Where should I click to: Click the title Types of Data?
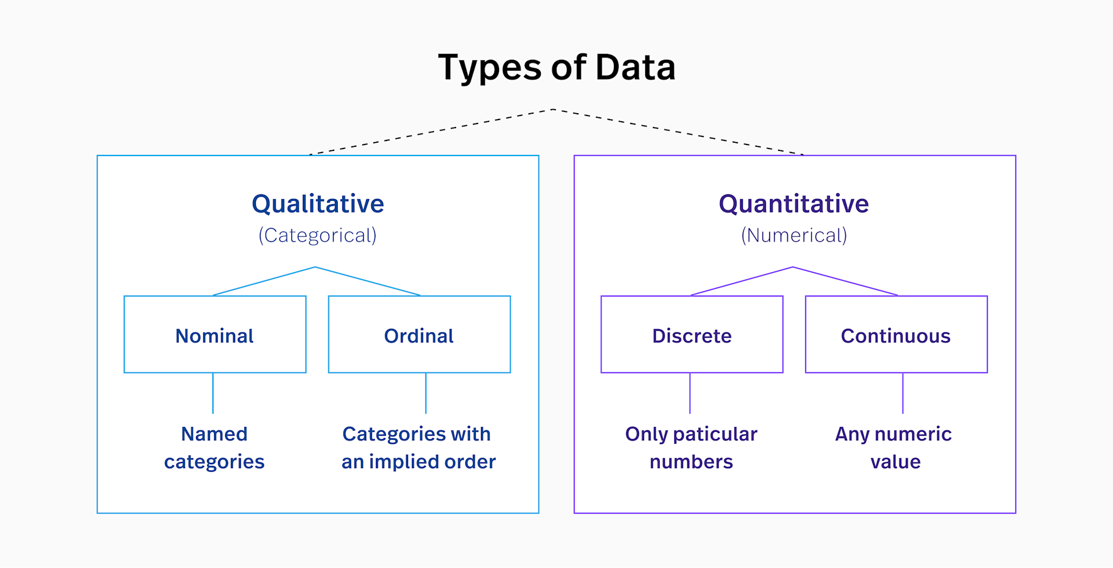(x=556, y=67)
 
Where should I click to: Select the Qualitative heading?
(x=318, y=204)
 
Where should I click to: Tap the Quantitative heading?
(x=794, y=204)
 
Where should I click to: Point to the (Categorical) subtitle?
(x=317, y=236)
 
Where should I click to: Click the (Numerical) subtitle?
(x=794, y=236)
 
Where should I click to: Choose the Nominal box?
(x=215, y=335)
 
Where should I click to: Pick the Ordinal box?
(x=419, y=335)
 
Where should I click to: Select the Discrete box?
(x=692, y=335)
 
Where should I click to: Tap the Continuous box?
(x=896, y=335)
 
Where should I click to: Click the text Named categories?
(x=214, y=447)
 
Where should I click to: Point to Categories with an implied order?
(x=418, y=447)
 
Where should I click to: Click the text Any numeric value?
(x=894, y=447)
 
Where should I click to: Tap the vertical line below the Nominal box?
(x=213, y=393)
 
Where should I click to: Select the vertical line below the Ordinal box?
(x=426, y=393)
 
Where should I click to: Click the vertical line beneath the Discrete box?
(x=690, y=393)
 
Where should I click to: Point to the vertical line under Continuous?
(x=903, y=393)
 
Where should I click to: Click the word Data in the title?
(x=635, y=67)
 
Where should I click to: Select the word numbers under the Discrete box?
(x=691, y=462)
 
